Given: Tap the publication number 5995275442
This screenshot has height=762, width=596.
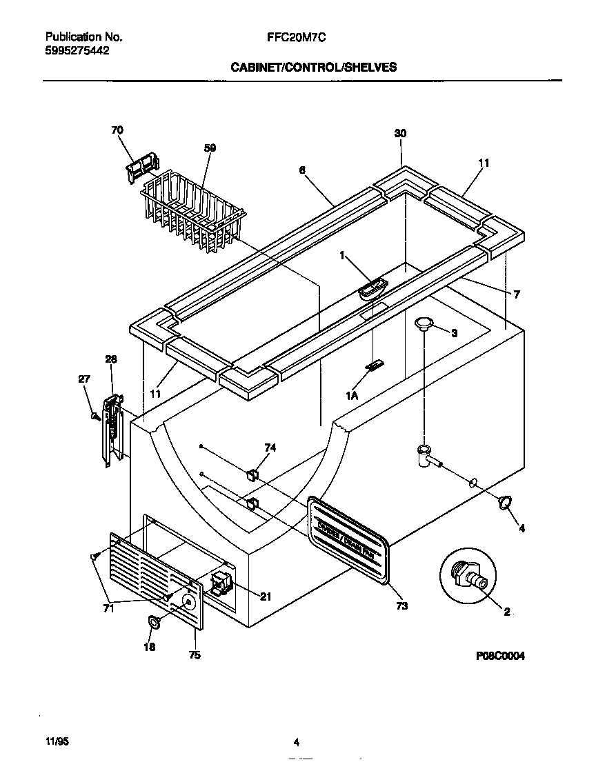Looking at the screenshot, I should click(77, 50).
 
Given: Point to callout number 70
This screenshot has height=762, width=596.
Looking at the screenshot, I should click(117, 130).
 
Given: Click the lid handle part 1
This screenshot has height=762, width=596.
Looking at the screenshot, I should click(374, 288).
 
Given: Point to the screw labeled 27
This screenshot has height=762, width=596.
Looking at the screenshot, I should click(94, 416).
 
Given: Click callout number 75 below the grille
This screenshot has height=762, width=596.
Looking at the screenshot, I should click(195, 655).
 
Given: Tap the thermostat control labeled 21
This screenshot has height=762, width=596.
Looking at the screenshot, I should click(220, 584).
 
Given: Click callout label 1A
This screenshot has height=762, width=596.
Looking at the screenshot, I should click(352, 395).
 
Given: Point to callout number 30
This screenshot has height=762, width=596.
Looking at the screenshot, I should click(401, 134).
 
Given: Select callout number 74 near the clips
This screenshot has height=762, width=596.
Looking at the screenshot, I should click(270, 448).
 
